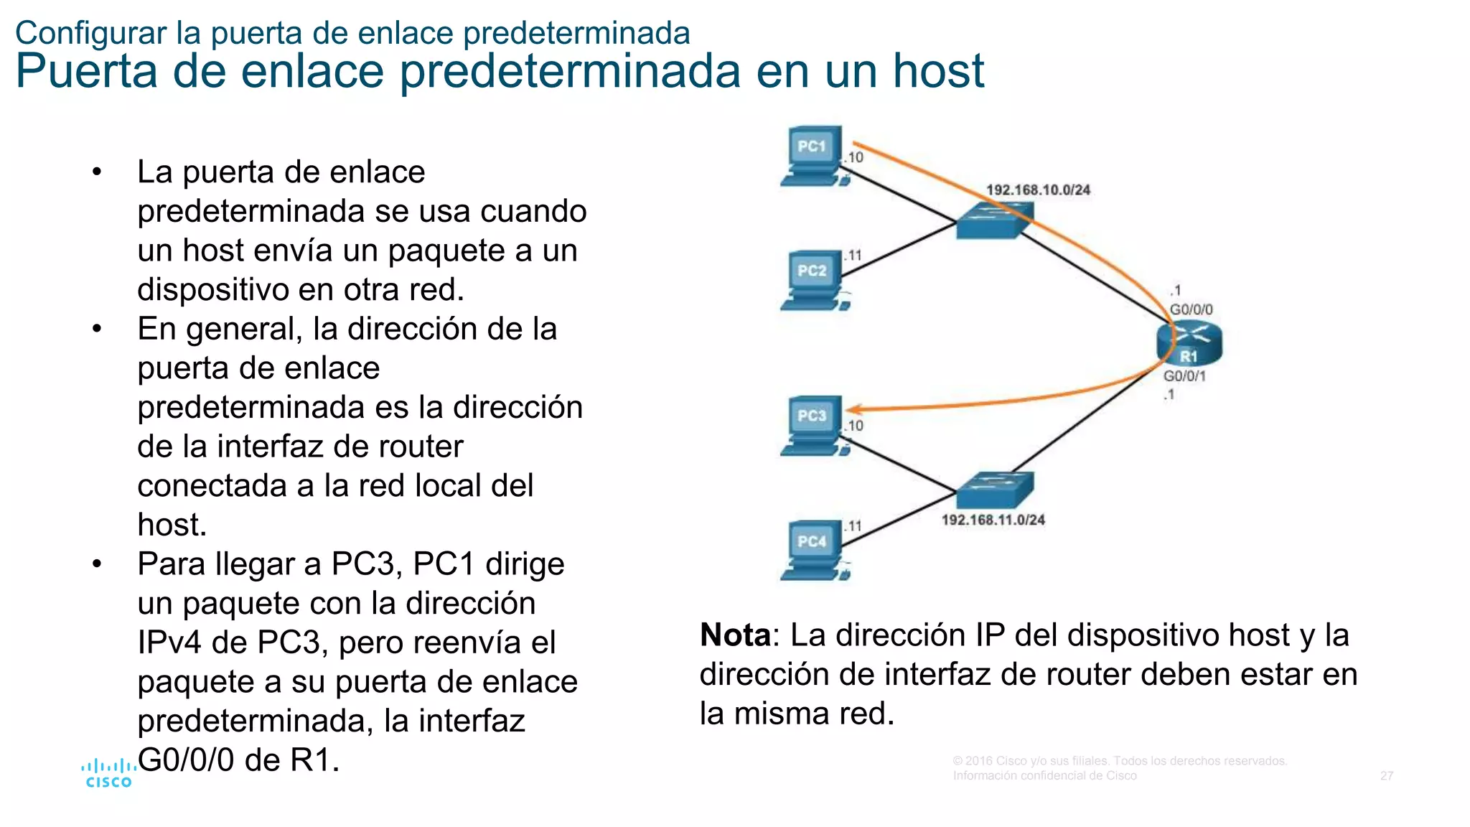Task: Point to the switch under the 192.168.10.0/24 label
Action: coord(995,220)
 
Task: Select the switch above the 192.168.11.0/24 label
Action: coord(995,490)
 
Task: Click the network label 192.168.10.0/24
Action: coord(1038,190)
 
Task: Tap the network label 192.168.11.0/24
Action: coord(993,520)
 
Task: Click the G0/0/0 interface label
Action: coord(1191,309)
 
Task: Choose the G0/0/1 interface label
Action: coord(1184,376)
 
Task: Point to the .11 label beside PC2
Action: coord(853,256)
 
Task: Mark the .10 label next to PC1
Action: coord(854,157)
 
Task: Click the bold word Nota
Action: coord(735,635)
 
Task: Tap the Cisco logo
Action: coord(108,774)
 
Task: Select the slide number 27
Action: coord(1387,776)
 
